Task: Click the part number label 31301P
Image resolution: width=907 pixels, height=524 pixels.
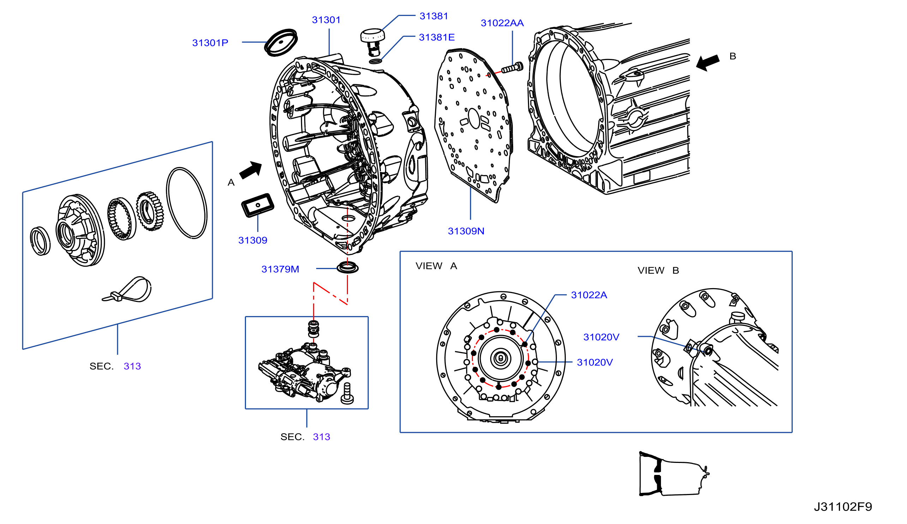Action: tap(210, 43)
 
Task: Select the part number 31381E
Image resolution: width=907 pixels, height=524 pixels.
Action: tap(437, 37)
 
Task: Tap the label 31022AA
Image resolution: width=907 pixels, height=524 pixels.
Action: tap(502, 23)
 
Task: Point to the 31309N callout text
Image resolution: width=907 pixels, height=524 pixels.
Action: tap(466, 231)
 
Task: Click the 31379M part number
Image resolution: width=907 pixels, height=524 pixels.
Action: tap(280, 269)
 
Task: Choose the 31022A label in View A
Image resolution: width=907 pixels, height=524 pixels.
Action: tap(589, 295)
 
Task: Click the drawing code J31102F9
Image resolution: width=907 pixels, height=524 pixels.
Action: tap(843, 507)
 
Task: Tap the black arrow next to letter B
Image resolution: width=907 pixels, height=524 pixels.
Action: tap(707, 62)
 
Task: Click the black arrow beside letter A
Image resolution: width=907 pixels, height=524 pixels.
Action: tap(251, 169)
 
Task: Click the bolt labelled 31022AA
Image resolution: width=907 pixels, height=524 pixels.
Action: tap(512, 67)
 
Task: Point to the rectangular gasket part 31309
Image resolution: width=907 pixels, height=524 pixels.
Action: tap(258, 205)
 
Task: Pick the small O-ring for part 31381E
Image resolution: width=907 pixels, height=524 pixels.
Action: tap(376, 61)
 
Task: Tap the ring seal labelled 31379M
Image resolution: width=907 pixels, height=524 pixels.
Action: tap(347, 268)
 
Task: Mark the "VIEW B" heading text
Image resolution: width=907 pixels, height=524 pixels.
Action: tap(658, 270)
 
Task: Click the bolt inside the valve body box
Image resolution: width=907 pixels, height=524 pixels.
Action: tap(347, 394)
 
